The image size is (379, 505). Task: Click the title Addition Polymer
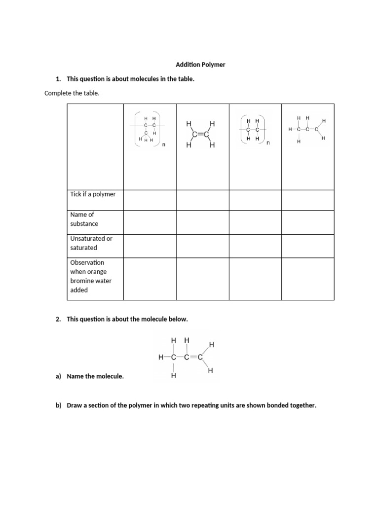click(200, 65)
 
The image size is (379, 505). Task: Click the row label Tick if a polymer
click(93, 194)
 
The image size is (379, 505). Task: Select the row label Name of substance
click(84, 219)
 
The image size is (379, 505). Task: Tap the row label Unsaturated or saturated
click(91, 243)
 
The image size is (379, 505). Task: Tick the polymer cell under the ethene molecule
click(203, 200)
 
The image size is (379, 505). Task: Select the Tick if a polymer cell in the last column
click(307, 200)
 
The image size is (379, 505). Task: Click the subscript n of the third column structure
click(268, 144)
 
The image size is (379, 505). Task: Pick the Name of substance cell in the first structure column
click(150, 222)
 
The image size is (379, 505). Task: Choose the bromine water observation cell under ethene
click(203, 279)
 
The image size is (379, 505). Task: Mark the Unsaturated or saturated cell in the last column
click(307, 246)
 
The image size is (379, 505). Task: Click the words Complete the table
click(72, 93)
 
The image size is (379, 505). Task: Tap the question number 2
click(58, 319)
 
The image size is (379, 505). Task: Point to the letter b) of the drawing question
click(59, 406)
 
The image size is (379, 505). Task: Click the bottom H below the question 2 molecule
click(173, 376)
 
